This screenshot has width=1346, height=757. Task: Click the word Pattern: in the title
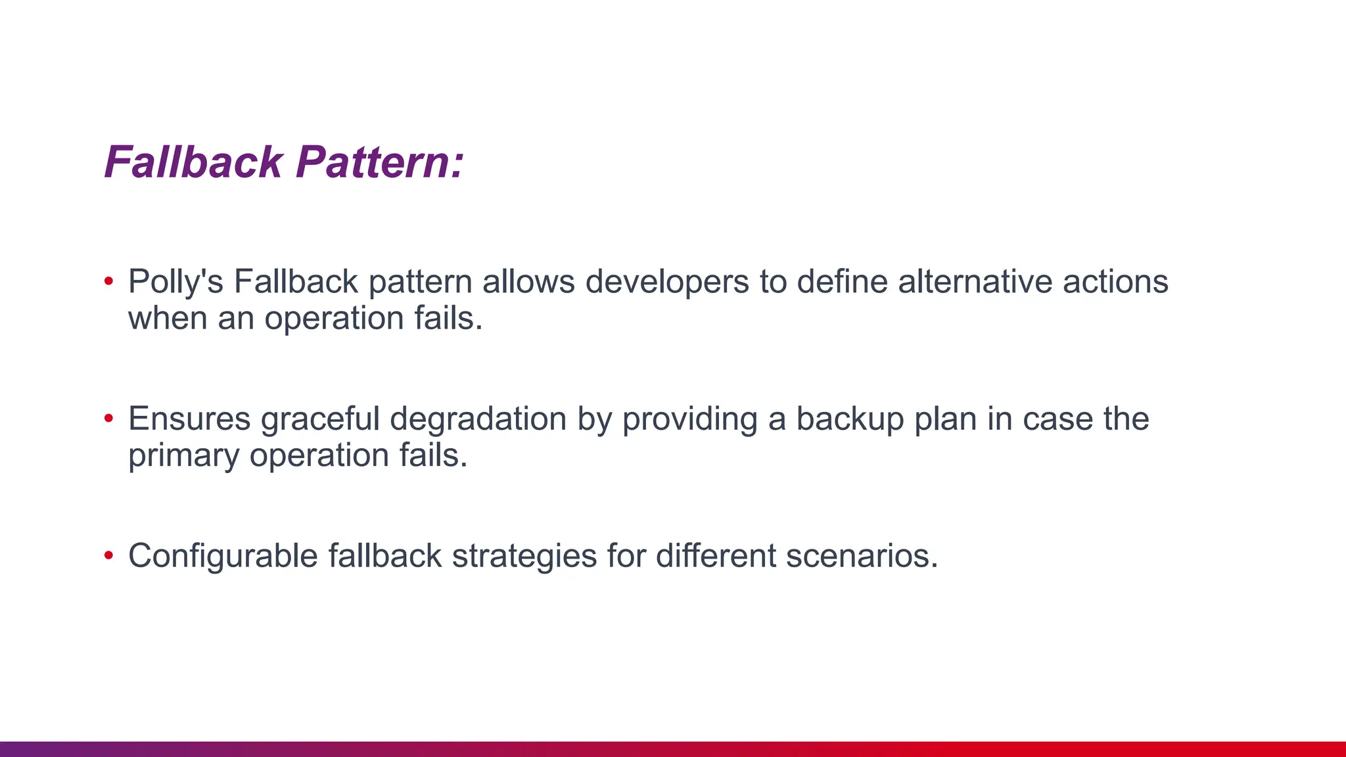click(380, 162)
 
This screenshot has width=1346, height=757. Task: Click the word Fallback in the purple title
click(194, 162)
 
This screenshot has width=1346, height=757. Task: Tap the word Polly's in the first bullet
click(175, 282)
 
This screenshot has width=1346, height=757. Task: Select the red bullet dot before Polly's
click(109, 282)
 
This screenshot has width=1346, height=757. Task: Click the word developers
click(667, 282)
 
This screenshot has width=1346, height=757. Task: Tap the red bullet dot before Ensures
click(109, 419)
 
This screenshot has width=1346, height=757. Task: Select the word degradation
click(478, 419)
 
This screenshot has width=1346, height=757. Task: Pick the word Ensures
click(189, 419)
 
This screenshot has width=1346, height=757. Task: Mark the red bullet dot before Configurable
click(109, 556)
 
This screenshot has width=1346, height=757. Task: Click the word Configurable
click(223, 556)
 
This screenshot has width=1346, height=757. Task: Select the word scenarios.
click(862, 556)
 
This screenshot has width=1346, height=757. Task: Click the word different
click(716, 556)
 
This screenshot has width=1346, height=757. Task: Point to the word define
click(842, 282)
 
